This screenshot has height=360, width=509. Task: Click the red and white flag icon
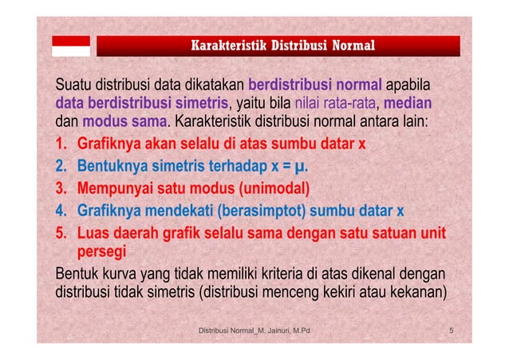pos(71,45)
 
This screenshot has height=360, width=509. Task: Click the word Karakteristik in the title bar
pos(224,45)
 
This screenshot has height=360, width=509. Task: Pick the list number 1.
pos(61,145)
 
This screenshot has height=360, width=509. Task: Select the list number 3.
pos(61,189)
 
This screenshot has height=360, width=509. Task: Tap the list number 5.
pos(61,234)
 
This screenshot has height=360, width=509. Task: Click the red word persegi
pos(101,254)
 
